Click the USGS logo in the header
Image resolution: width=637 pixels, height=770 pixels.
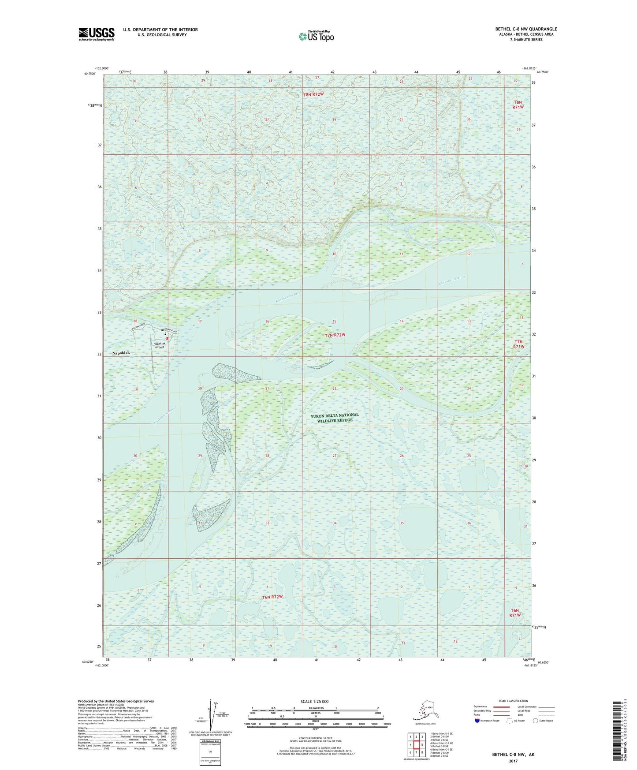point(97,34)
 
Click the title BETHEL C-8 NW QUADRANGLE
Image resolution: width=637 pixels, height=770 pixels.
point(526,29)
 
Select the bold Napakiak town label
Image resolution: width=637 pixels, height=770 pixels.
point(122,353)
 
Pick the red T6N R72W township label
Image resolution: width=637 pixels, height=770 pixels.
point(272,597)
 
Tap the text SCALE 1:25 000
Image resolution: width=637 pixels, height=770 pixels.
point(314,702)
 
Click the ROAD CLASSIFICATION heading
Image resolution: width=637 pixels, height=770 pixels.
point(513,701)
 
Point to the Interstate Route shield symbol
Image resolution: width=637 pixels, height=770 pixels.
point(477,721)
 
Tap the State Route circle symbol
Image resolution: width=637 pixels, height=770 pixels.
point(535,721)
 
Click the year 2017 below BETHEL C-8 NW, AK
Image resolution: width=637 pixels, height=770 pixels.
point(513,761)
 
